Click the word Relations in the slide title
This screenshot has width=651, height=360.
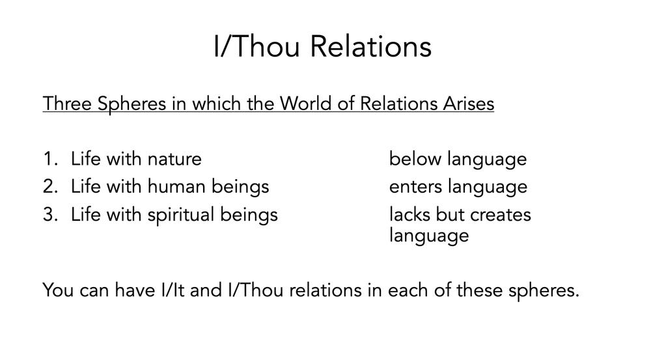tap(371, 46)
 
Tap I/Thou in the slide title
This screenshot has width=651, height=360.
tap(256, 46)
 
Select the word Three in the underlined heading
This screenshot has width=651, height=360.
tap(67, 103)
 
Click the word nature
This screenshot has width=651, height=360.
tap(174, 159)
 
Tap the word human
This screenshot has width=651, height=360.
tap(176, 186)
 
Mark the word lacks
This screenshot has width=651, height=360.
tap(409, 214)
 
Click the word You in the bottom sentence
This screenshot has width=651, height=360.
tap(58, 290)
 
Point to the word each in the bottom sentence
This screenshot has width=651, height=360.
tap(408, 290)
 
